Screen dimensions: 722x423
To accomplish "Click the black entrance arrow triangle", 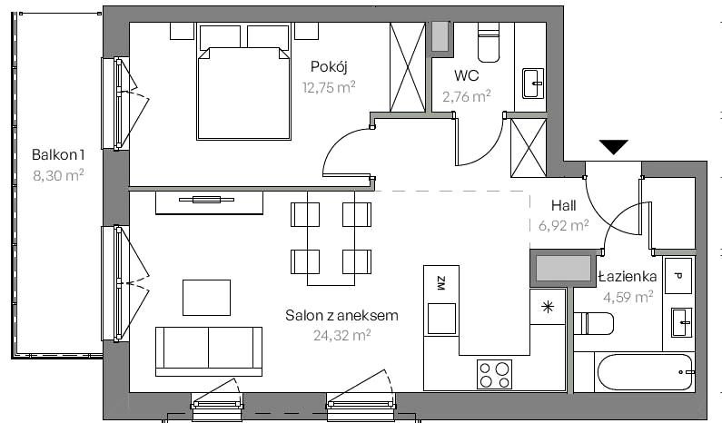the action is point(614,146).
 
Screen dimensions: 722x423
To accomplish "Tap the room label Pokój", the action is point(329,67).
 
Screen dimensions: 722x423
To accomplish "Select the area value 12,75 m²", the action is point(329,87).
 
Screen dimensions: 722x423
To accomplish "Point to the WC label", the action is point(466,75).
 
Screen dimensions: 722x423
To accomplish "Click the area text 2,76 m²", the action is point(467,96).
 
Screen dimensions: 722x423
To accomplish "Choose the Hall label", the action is point(564,205).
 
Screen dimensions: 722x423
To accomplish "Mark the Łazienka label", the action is point(628,276).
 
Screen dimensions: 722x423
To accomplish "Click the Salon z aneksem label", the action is point(341,315).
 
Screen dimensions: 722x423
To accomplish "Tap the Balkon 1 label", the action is point(58,154).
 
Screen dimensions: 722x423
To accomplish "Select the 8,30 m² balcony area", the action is point(58,175).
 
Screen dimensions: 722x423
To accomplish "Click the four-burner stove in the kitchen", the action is point(495,374).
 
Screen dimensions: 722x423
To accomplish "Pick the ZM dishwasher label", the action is point(440,283).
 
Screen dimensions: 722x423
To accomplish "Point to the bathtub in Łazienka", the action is point(644,372).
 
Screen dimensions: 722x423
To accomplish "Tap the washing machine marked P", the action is point(677,276).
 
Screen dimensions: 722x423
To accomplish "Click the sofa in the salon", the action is point(209,351).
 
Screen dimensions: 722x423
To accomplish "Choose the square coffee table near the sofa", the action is point(206,298).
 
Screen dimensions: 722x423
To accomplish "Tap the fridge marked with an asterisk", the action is point(548,307).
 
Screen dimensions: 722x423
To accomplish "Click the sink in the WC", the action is point(533,84).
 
